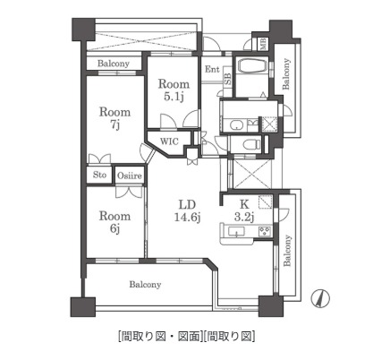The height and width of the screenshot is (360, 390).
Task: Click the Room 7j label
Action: [x=114, y=119]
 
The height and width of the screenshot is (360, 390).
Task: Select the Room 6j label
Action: [x=114, y=223]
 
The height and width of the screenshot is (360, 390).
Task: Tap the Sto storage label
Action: [x=98, y=175]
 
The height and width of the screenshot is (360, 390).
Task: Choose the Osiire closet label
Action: [x=130, y=175]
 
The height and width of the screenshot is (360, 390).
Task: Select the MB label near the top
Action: [x=264, y=43]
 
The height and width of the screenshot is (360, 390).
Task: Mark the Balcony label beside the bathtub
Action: [x=287, y=74]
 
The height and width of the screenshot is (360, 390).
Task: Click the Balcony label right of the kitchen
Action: [x=287, y=250]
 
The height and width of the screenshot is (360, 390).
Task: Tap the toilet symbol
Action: [x=252, y=142]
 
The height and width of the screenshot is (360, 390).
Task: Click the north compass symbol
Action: [x=319, y=298]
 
